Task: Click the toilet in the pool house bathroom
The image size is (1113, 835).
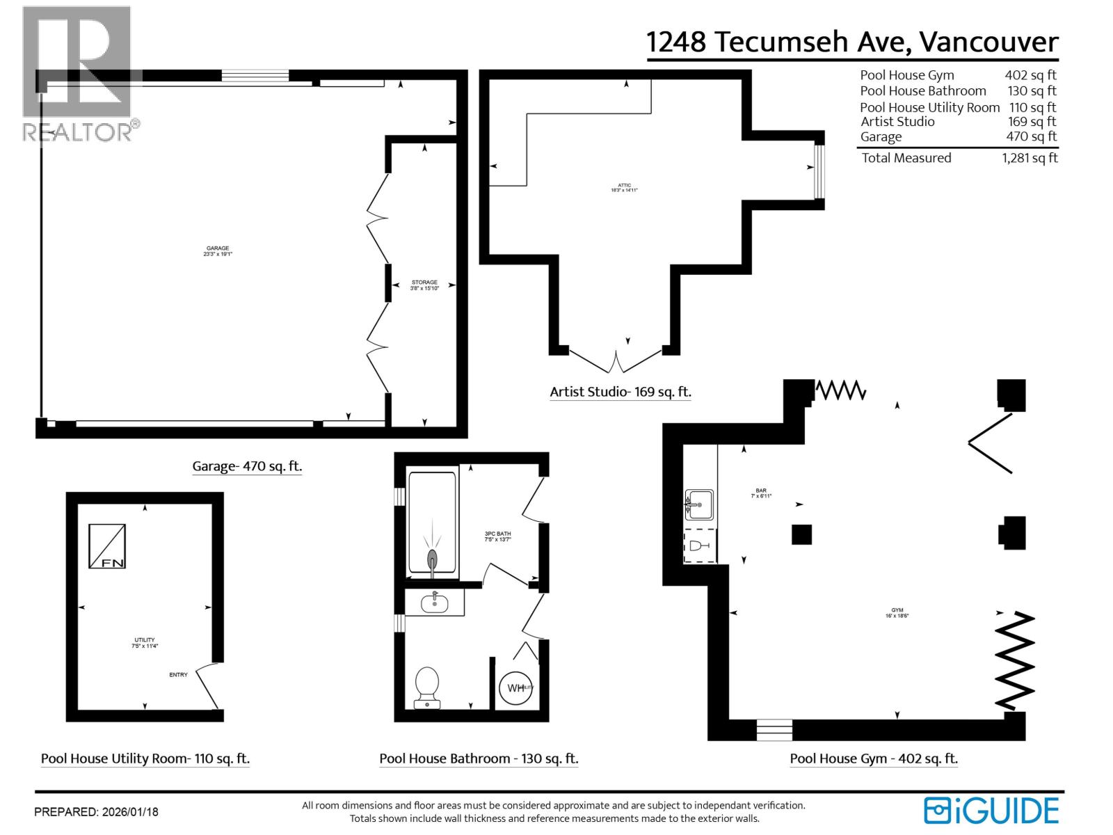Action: [x=426, y=686]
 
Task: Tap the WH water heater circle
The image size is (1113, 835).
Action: [x=516, y=687]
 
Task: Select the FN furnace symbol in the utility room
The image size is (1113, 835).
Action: [x=107, y=546]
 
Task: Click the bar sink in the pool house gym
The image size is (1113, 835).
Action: [x=699, y=504]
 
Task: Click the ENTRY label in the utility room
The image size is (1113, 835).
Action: [x=178, y=674]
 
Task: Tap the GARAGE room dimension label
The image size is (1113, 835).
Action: [x=217, y=251]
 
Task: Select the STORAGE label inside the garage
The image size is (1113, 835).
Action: [x=424, y=285]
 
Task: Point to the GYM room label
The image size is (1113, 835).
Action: [x=897, y=612]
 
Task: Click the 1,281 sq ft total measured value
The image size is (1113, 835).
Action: [x=1030, y=158]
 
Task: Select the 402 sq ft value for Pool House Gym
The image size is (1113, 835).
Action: [x=1030, y=75]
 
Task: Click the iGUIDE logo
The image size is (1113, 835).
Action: [x=991, y=811]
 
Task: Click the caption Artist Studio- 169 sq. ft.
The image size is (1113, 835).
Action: [x=620, y=392]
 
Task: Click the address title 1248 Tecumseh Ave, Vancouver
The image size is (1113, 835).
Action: [x=852, y=42]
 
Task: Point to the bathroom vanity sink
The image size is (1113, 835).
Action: [x=435, y=602]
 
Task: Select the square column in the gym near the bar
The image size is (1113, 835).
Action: [x=801, y=534]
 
